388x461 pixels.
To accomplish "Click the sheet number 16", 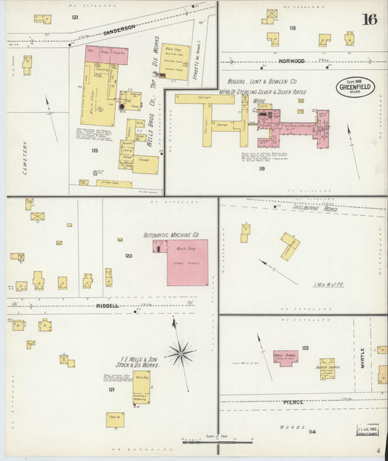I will pos(368,19).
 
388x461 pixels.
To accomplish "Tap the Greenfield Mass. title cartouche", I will pos(355,88).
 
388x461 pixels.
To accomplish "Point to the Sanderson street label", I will pos(119,27).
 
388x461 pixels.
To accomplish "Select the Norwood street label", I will pos(290,61).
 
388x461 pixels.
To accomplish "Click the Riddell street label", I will pos(107,306).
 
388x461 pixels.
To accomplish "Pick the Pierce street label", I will pos(294,402).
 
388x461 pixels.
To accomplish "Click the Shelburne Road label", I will pos(314,208).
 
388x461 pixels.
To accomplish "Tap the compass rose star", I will pos(181,353).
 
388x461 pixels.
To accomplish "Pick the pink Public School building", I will pos(285,358).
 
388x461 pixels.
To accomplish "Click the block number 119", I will pos(261,168).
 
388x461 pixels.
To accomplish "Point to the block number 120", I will pos(128,256).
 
